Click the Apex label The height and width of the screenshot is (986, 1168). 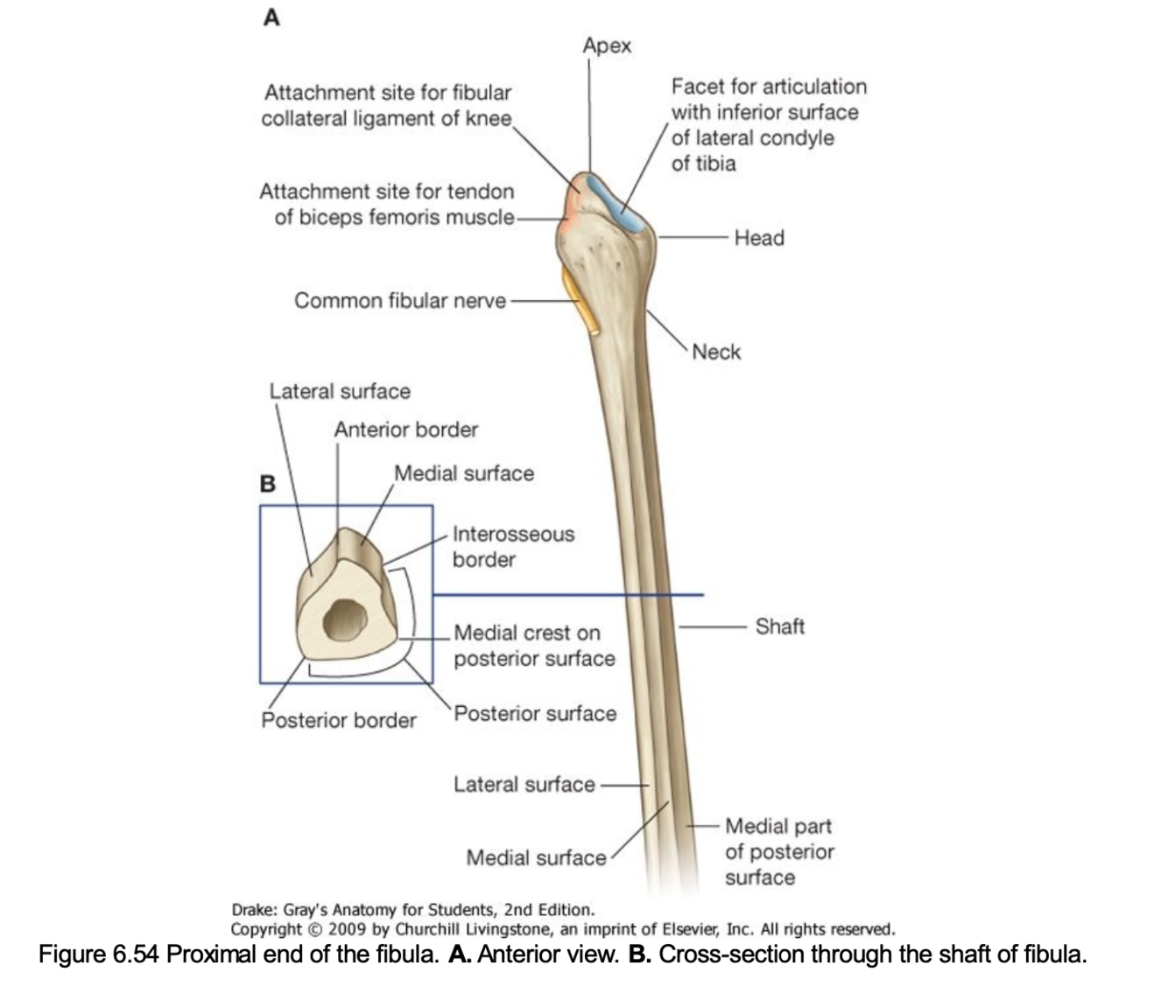pyautogui.click(x=607, y=45)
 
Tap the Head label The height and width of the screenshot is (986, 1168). pyautogui.click(x=759, y=238)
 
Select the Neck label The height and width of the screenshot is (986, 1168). pyautogui.click(x=716, y=352)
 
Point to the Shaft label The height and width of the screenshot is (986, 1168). pyautogui.click(x=779, y=626)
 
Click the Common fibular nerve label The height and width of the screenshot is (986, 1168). pyautogui.click(x=400, y=301)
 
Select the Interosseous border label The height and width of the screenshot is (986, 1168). pyautogui.click(x=513, y=547)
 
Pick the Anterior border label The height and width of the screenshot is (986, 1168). pyautogui.click(x=406, y=430)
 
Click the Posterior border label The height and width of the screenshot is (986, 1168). pyautogui.click(x=339, y=720)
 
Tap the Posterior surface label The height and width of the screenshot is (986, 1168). pyautogui.click(x=535, y=714)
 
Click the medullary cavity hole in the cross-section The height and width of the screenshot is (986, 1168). pyautogui.click(x=344, y=620)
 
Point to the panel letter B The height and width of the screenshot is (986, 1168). pyautogui.click(x=268, y=484)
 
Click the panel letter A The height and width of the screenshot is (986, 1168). pyautogui.click(x=271, y=17)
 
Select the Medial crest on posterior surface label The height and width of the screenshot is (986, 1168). pyautogui.click(x=534, y=646)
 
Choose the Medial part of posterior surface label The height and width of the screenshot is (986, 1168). pyautogui.click(x=779, y=851)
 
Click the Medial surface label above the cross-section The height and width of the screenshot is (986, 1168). pyautogui.click(x=464, y=473)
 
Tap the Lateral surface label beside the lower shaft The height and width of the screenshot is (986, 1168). pyautogui.click(x=524, y=785)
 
